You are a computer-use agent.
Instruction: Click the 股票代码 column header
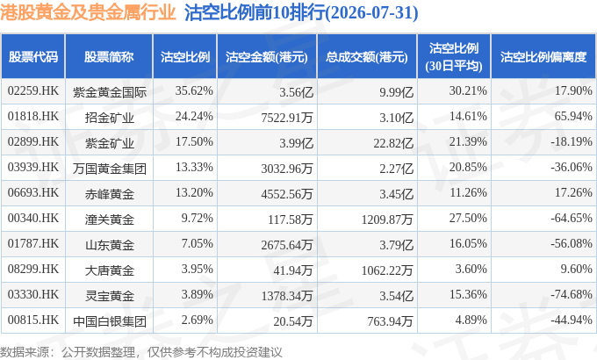[x=33, y=57]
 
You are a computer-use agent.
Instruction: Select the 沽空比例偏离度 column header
[x=543, y=57]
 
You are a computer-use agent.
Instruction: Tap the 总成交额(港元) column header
[x=367, y=57]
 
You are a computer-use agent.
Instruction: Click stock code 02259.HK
[x=33, y=91]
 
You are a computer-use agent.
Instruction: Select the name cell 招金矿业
[x=109, y=118]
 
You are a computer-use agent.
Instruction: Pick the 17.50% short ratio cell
[x=194, y=141]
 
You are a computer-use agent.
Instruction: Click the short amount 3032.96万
[x=287, y=169]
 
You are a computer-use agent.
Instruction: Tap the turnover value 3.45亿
[x=396, y=194]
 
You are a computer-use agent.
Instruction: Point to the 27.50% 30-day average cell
[x=468, y=219]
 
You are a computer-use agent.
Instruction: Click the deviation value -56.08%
[x=572, y=243]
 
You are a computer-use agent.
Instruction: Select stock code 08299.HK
[x=33, y=269]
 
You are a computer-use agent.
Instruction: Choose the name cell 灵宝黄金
[x=109, y=296]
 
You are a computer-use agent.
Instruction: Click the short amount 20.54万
[x=292, y=321]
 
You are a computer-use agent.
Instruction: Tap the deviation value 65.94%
[x=573, y=116]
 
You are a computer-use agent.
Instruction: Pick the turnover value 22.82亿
[x=393, y=143]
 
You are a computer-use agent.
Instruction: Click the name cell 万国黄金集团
[x=109, y=169]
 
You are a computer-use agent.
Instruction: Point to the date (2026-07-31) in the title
[x=371, y=13]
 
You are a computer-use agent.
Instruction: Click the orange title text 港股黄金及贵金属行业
[x=88, y=12]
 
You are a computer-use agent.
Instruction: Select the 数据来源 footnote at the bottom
[x=141, y=352]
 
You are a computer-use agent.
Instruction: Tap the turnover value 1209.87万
[x=387, y=220]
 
